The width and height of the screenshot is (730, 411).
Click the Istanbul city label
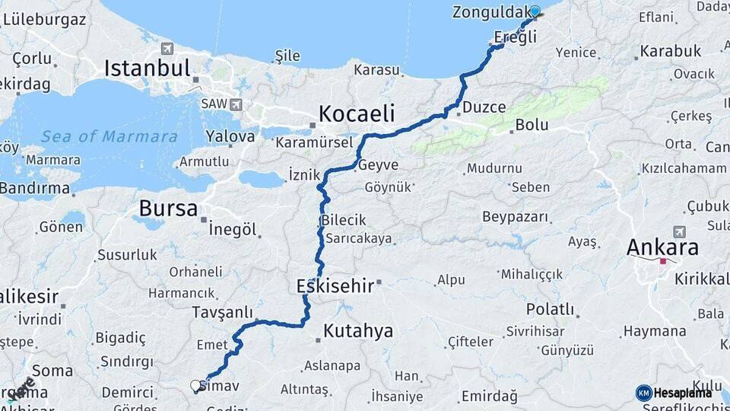[x=147, y=68]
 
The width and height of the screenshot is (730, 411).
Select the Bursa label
[x=168, y=209]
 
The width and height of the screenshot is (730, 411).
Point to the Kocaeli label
[x=357, y=114]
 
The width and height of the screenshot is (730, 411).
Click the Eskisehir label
[x=335, y=286]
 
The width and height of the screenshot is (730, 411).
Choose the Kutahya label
[x=358, y=331]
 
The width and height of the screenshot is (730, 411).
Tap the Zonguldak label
[x=490, y=12]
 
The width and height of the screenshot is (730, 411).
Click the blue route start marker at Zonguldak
[x=535, y=11]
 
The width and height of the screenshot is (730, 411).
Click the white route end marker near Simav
[x=195, y=386]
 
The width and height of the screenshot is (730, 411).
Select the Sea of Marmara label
[x=109, y=137]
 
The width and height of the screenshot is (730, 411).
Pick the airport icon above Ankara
[x=678, y=231]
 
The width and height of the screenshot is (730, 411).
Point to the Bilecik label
[x=344, y=221]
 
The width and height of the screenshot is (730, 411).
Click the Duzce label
[x=484, y=107]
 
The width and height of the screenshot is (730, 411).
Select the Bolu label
[x=532, y=125]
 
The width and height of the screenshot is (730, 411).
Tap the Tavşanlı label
[x=222, y=313]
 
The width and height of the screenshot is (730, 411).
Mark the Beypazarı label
[x=515, y=217]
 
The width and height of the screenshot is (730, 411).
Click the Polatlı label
[x=550, y=309]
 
